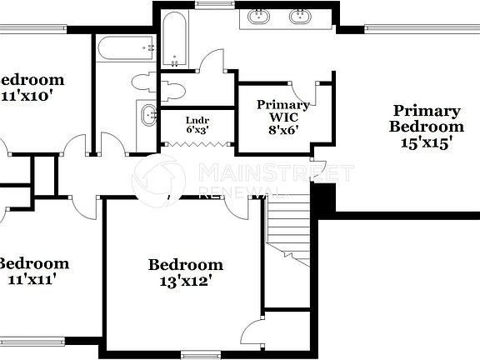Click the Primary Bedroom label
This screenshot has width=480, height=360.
point(427,118)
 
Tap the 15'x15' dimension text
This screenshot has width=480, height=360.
point(427,142)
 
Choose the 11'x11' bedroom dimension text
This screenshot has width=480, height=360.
point(32,280)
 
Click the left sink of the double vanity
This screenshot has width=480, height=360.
point(260,15)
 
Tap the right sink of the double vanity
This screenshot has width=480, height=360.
point(299,15)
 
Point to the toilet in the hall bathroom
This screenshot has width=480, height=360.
point(144,82)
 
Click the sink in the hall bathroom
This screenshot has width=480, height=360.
point(147,115)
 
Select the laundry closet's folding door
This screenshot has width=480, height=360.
point(197,146)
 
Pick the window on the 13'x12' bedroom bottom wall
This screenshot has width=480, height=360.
point(205,355)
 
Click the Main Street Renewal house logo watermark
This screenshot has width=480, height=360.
point(158,178)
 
